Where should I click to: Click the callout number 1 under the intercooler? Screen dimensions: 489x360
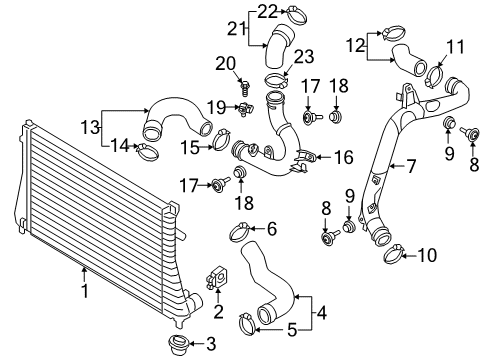[x=85, y=291]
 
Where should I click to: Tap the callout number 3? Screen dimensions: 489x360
[x=211, y=344]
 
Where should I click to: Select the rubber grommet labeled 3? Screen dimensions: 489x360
[x=179, y=345]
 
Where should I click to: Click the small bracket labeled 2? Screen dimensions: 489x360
[x=218, y=276]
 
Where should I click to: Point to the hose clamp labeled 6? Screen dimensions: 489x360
[x=240, y=232]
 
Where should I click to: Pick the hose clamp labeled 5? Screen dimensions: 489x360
[x=247, y=324]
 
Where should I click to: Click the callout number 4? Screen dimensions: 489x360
[x=322, y=313]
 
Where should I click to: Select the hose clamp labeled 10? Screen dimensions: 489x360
[x=393, y=254]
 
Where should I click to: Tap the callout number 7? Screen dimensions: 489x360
[x=412, y=166]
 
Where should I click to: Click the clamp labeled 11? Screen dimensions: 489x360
[x=434, y=76]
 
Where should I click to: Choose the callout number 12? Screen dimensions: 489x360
[x=355, y=45]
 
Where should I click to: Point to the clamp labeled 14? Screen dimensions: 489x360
[x=147, y=151]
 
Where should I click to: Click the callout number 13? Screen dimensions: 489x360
[x=90, y=127]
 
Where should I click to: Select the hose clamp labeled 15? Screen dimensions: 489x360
[x=221, y=139]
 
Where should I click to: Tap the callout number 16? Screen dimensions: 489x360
[x=344, y=157]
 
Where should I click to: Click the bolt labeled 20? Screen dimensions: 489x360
[x=244, y=86]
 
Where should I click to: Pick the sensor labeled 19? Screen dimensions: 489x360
[x=246, y=109]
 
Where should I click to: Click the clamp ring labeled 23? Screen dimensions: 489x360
[x=277, y=79]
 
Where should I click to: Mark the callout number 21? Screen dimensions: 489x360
[x=236, y=29]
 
